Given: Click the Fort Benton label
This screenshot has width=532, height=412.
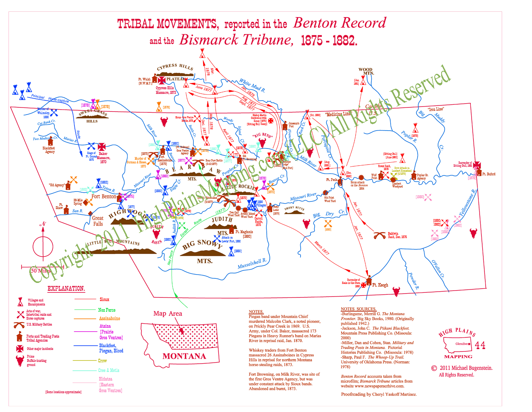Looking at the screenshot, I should (x=104, y=196).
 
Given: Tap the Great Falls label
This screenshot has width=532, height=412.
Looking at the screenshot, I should (x=98, y=221).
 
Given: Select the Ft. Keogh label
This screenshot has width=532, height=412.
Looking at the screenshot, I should (x=380, y=285).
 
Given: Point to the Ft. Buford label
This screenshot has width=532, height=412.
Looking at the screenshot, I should (x=489, y=174).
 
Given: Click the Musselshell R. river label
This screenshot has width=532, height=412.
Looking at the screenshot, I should (x=252, y=263).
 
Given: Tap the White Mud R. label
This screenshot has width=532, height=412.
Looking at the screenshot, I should (x=252, y=86).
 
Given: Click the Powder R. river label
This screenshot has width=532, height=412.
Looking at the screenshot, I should (x=413, y=281).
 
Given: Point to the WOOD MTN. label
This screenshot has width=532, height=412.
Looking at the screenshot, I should (x=366, y=71).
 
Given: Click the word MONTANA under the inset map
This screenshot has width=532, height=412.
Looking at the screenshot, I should (x=184, y=356).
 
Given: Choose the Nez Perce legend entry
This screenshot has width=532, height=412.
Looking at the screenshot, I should (x=107, y=310).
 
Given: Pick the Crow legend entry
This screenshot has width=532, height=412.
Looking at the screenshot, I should (x=103, y=361).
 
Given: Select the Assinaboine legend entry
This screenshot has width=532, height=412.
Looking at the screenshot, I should (x=109, y=318).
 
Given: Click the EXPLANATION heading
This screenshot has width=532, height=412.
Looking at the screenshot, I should (x=66, y=288).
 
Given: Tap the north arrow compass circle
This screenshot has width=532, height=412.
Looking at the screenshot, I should (x=43, y=246).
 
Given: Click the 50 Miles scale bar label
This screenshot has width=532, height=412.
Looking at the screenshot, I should (x=41, y=271).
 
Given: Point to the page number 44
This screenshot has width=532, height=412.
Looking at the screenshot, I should (x=480, y=345).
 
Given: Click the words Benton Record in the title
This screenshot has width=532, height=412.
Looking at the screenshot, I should (x=340, y=23).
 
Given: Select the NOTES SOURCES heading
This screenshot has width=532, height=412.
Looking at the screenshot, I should (x=358, y=309).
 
